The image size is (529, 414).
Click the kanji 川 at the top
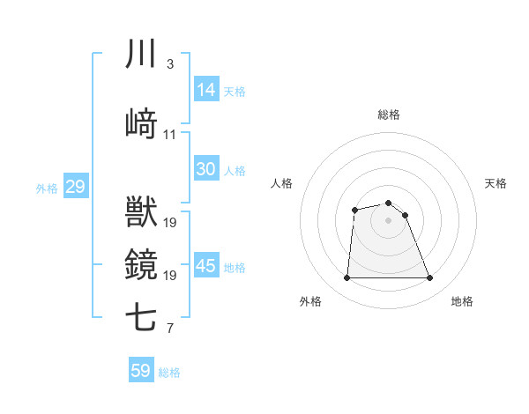(142, 55)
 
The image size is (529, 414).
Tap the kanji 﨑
(142, 123)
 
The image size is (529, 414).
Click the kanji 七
(142, 318)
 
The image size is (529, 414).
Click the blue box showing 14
(206, 90)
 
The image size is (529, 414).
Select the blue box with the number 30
(206, 169)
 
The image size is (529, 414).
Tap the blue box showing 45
(206, 266)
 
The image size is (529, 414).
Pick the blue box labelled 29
(75, 187)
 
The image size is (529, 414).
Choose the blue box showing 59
(141, 371)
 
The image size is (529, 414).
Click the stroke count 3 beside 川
(169, 64)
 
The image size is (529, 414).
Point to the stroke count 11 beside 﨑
(170, 134)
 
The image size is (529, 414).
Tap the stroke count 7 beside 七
(169, 329)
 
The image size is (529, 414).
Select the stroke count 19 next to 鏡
(170, 275)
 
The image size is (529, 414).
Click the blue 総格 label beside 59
(169, 373)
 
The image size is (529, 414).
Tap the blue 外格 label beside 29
(47, 189)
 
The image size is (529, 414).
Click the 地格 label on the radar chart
(462, 302)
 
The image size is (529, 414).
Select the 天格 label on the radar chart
(495, 183)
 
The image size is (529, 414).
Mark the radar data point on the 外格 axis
(346, 278)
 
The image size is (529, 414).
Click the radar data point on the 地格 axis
(430, 278)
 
